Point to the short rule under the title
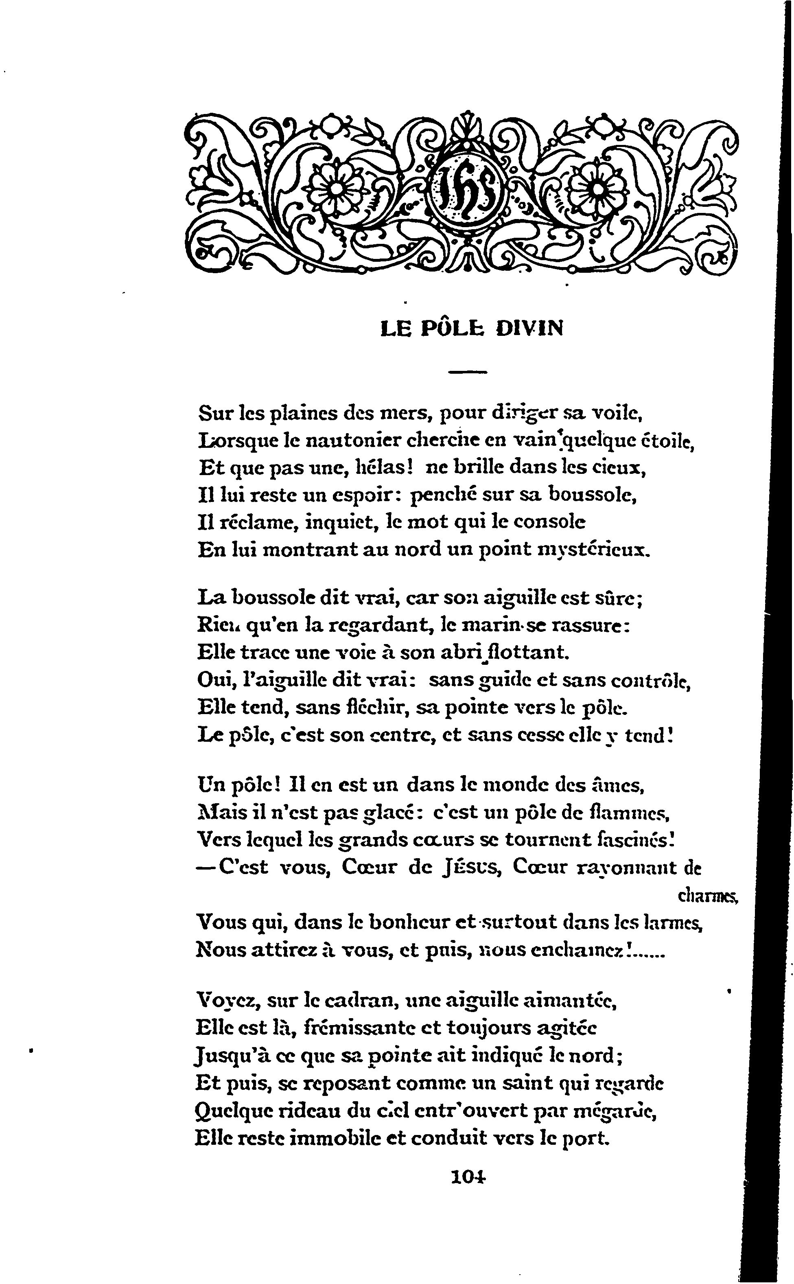pyautogui.click(x=468, y=372)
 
